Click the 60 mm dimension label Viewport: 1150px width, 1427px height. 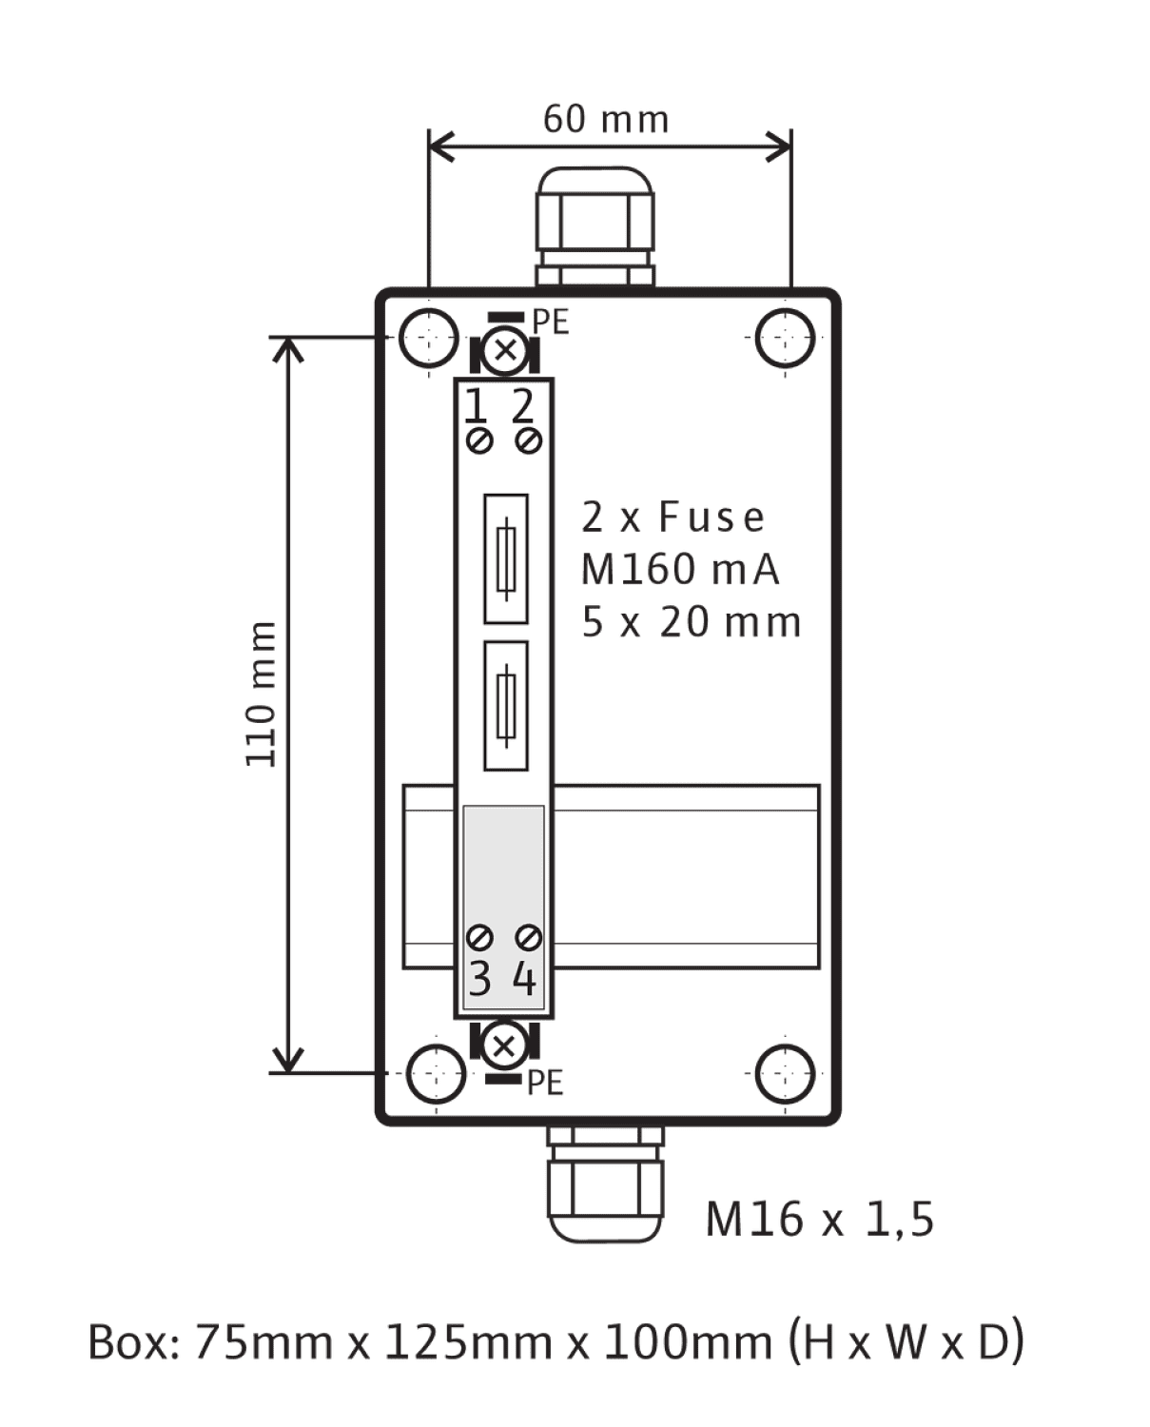coord(606,120)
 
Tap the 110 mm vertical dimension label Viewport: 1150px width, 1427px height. coord(261,694)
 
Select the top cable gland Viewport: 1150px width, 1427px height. coord(594,226)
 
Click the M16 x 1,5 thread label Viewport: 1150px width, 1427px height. coord(820,1220)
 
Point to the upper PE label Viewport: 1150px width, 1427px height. coord(551,323)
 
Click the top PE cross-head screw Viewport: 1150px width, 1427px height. coord(505,349)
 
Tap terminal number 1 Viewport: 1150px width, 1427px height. coord(475,406)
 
